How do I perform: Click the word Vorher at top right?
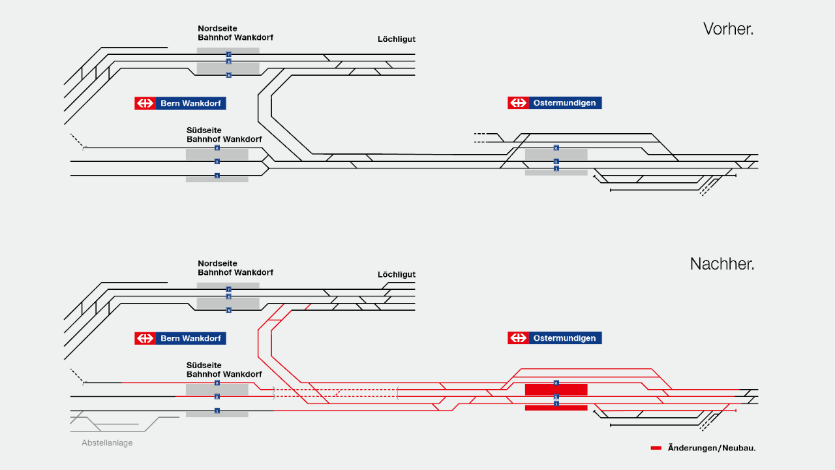[x=728, y=29]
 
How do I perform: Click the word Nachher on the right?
[x=722, y=264]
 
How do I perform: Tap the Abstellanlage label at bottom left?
[x=107, y=443]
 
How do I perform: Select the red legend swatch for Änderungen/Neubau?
[x=656, y=448]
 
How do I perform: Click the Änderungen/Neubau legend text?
[x=712, y=448]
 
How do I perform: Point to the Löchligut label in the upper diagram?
[x=397, y=39]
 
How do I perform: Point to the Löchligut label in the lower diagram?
[x=397, y=274]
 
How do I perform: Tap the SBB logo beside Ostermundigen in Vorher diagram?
[x=519, y=103]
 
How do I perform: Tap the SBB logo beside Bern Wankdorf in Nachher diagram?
[x=145, y=338]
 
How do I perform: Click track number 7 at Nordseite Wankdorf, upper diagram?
[x=228, y=54]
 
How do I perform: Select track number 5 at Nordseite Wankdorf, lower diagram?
[x=228, y=310]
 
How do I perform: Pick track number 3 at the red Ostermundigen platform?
[x=556, y=383]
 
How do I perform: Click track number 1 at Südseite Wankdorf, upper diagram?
[x=217, y=176]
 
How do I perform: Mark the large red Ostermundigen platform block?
[x=556, y=390]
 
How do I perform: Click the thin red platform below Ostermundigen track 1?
[x=556, y=408]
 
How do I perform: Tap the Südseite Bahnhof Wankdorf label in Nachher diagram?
[x=224, y=370]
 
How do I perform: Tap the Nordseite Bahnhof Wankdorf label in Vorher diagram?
[x=235, y=33]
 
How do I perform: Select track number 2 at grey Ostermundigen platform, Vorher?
[x=556, y=161]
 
